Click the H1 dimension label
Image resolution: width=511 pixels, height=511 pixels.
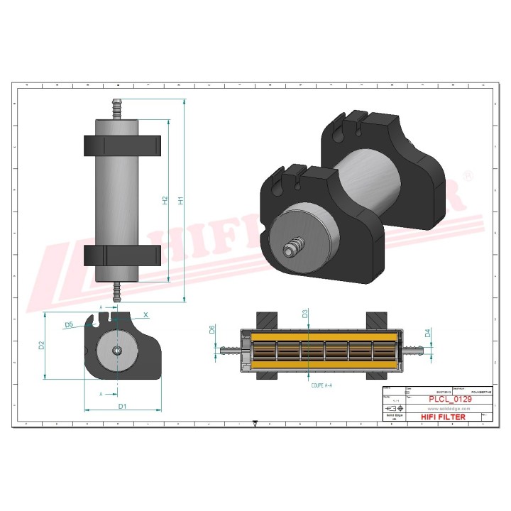click(180, 201)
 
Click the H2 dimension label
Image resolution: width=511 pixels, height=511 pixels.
click(165, 201)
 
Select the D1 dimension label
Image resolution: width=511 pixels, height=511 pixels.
click(122, 406)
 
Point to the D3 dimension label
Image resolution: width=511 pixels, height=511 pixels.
click(304, 313)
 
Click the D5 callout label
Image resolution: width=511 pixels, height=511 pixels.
click(69, 324)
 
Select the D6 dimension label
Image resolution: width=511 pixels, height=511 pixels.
click(212, 329)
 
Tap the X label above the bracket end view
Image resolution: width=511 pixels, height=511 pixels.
click(145, 314)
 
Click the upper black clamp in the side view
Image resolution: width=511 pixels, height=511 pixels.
click(123, 145)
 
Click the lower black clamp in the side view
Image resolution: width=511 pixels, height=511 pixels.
click(123, 255)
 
